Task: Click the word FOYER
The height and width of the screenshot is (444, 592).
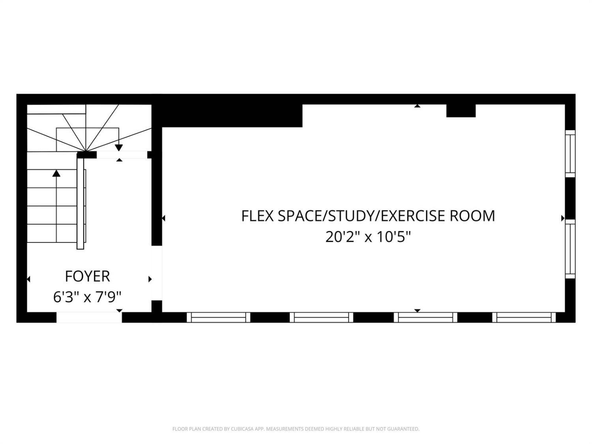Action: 87,276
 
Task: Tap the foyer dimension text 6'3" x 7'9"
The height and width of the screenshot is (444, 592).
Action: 87,297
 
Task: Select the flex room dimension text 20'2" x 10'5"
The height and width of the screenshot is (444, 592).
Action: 368,237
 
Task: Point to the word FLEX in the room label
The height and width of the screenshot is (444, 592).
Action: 258,216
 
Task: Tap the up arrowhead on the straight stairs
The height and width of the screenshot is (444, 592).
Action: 56,173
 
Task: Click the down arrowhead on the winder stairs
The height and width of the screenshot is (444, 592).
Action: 119,148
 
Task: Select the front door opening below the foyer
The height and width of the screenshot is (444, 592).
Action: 89,317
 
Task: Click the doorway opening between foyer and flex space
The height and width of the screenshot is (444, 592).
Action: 157,273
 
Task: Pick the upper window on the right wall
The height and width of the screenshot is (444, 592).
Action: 570,154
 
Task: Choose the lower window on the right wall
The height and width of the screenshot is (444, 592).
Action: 570,249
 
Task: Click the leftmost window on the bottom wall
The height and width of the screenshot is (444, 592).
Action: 219,317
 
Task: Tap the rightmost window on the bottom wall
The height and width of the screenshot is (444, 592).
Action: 524,317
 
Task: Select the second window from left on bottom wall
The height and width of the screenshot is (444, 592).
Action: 322,317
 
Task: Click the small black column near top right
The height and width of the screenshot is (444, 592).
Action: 461,111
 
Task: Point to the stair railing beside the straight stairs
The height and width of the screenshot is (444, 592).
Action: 81,204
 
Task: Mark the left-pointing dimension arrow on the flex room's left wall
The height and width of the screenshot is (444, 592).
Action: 163,218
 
